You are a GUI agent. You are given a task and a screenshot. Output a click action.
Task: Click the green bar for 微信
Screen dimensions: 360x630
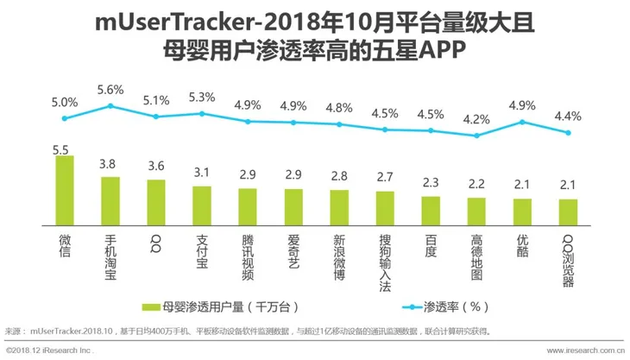pos(65,190)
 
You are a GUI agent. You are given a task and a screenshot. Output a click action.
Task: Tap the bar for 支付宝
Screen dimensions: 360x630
pos(202,205)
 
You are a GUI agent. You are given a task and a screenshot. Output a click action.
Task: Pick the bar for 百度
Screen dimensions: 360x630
pos(431,211)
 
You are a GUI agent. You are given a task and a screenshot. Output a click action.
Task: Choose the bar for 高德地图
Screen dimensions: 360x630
pos(476,212)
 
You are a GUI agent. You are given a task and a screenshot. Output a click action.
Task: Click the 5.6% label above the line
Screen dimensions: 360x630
pos(110,90)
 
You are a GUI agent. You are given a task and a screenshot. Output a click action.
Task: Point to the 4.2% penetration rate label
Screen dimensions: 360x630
pos(476,120)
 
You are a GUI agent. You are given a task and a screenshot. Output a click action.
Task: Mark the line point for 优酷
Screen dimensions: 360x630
pos(522,122)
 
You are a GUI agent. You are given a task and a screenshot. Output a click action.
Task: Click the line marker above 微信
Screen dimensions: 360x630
pos(65,118)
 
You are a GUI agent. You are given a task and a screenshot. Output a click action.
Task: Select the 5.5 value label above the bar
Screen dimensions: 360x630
pos(61,149)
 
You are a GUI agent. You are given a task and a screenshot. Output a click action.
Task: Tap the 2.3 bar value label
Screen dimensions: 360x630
pos(431,183)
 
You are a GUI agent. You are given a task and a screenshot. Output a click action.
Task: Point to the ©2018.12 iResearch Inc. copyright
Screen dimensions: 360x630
pos(49,351)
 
